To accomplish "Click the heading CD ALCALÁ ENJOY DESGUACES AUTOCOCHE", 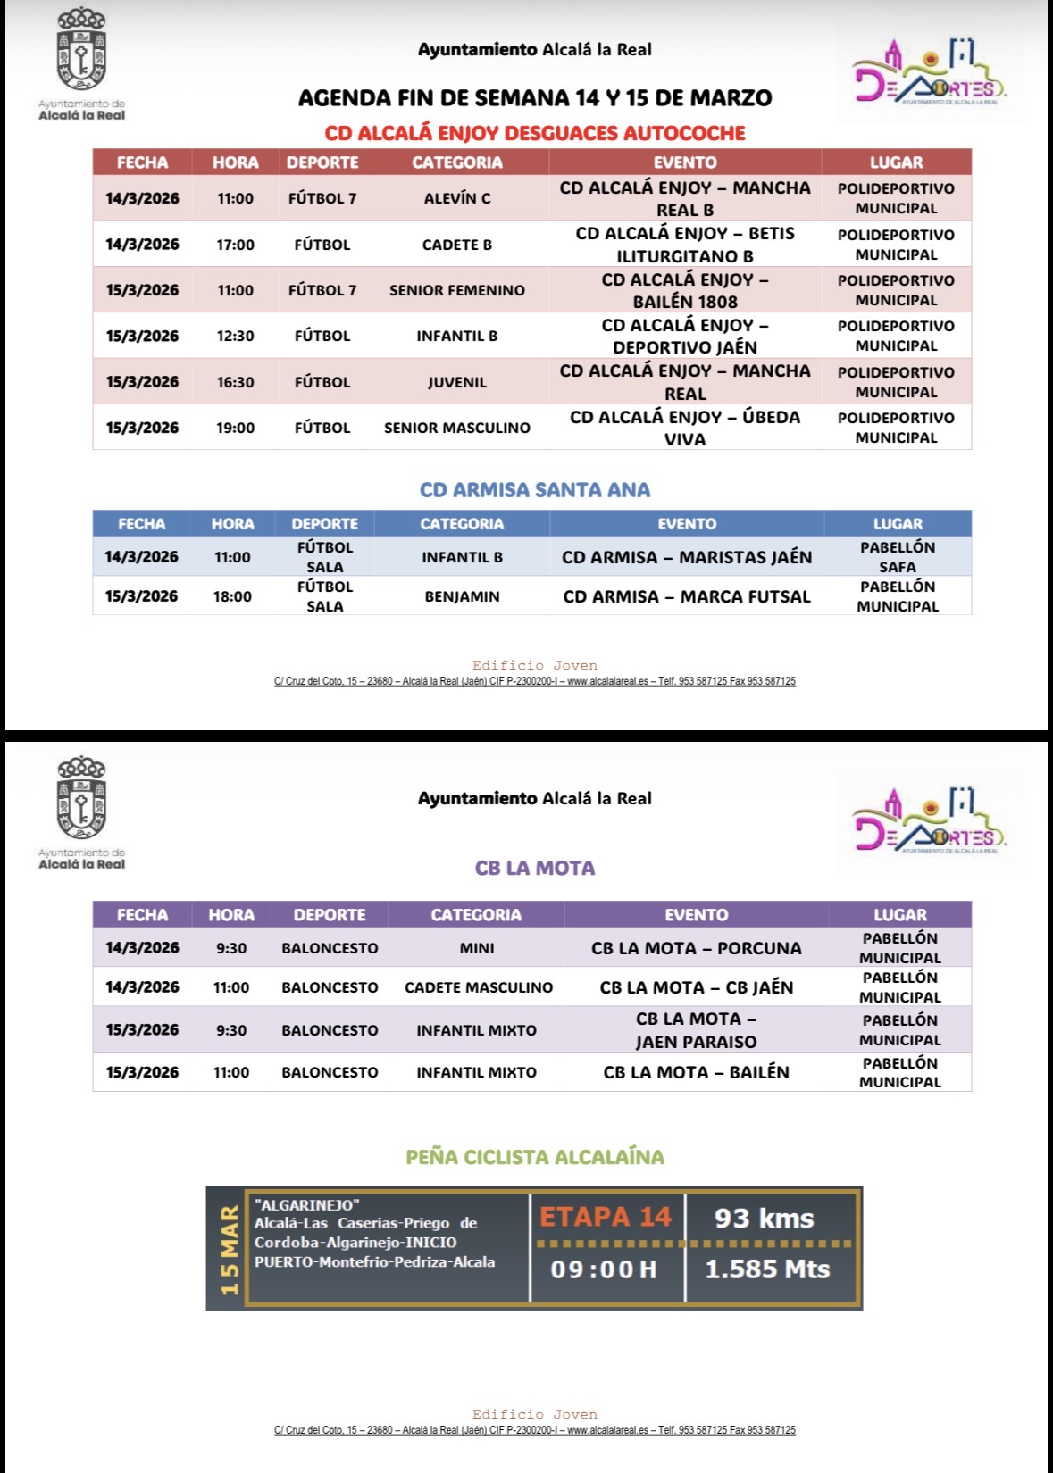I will click(534, 134).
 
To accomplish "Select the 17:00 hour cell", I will click(235, 245).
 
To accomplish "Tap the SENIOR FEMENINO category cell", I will click(456, 290).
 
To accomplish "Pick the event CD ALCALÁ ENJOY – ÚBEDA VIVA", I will click(684, 428).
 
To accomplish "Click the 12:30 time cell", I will click(235, 337).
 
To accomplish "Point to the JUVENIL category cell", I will click(456, 382).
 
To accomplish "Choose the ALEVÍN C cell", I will click(456, 198).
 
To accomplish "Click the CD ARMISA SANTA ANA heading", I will click(534, 490).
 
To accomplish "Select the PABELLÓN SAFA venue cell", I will click(897, 557).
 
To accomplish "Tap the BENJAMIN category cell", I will click(462, 596).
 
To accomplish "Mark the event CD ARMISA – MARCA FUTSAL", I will click(686, 596).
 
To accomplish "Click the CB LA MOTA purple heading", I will click(534, 868).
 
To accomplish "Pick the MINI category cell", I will click(476, 948).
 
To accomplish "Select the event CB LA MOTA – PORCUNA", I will click(696, 948).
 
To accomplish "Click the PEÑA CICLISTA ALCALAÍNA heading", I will click(534, 1157).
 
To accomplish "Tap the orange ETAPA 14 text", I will click(605, 1217).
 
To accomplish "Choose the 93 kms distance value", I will click(764, 1219).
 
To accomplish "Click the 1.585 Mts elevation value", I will click(767, 1269).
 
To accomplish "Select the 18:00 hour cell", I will click(232, 596).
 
